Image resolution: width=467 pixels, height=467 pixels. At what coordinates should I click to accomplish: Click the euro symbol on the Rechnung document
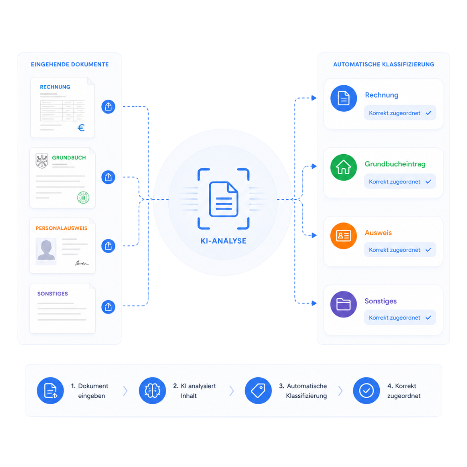click(x=81, y=128)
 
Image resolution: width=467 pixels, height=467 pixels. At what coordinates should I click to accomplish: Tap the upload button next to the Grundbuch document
click(x=109, y=177)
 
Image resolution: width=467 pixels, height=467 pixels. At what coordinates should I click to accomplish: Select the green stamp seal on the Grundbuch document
click(x=83, y=197)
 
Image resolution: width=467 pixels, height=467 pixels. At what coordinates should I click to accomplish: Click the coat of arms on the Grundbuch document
click(x=42, y=161)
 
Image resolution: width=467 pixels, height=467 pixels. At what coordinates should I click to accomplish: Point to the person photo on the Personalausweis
click(x=46, y=251)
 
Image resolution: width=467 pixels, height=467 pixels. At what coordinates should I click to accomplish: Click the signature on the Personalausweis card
click(x=82, y=263)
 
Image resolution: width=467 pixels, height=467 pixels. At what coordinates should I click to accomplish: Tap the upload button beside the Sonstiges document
click(x=109, y=307)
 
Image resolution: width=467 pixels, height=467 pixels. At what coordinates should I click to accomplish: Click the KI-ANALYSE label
click(x=223, y=241)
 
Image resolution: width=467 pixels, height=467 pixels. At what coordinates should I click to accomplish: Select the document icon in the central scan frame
click(x=223, y=199)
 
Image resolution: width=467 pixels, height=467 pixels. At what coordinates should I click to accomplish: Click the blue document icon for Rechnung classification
click(x=343, y=99)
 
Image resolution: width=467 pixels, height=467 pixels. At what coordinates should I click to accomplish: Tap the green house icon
click(x=343, y=167)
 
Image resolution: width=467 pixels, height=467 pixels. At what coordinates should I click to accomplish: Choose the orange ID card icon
click(x=343, y=236)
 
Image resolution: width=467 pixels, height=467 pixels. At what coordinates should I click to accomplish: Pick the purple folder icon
click(x=343, y=304)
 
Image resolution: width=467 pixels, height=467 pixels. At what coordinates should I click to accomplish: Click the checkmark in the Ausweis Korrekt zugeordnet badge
click(x=429, y=249)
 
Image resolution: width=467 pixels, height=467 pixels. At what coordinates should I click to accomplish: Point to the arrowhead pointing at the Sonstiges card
click(x=314, y=303)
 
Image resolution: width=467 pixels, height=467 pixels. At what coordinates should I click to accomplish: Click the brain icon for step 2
click(x=152, y=390)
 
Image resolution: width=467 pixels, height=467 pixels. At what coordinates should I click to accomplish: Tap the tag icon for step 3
click(x=258, y=390)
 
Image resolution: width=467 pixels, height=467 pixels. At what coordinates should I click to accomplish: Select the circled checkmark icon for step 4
click(x=366, y=390)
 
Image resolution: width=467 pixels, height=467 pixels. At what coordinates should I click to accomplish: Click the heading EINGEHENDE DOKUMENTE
click(x=70, y=64)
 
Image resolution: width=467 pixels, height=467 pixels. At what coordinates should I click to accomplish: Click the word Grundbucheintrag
click(x=395, y=164)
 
